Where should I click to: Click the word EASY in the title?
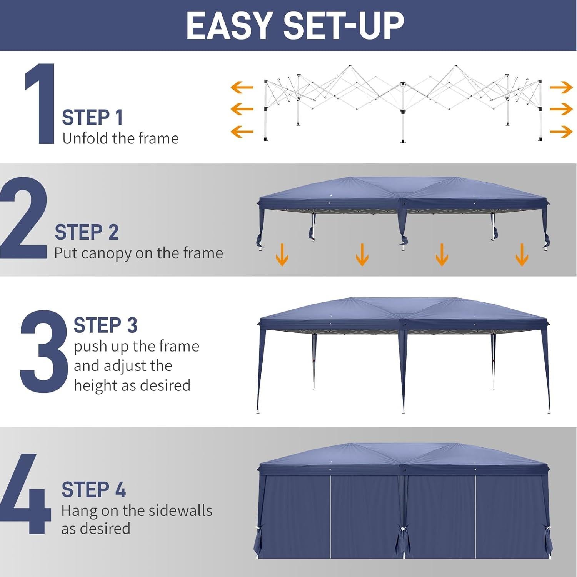[229, 25]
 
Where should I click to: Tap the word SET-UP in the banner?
[344, 25]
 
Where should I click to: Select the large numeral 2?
[24, 218]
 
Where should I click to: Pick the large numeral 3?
[43, 351]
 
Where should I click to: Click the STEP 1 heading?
[92, 117]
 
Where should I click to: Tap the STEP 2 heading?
[87, 232]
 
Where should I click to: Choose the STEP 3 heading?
[105, 325]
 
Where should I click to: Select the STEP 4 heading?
[93, 490]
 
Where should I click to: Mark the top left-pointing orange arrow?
[242, 88]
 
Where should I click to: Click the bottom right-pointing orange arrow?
[561, 132]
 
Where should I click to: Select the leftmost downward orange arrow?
[282, 255]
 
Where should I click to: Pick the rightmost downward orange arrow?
[522, 255]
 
